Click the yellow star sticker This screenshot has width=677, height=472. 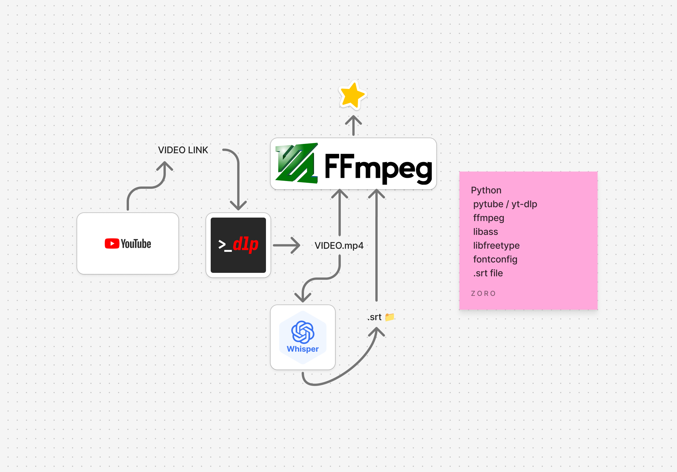click(352, 95)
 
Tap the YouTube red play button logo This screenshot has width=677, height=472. click(112, 244)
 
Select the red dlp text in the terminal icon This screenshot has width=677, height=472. click(245, 244)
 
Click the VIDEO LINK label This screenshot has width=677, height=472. click(183, 150)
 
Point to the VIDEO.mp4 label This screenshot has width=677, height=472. click(339, 245)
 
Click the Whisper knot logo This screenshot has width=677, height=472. click(303, 332)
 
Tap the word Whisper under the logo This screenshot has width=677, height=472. click(303, 349)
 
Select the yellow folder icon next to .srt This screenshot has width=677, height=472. click(389, 317)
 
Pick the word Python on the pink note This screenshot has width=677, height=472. click(486, 191)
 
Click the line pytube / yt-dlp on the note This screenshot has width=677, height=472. click(505, 204)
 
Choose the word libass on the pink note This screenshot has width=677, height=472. click(485, 232)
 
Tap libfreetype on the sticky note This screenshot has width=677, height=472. click(496, 245)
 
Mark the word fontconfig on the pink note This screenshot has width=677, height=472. click(495, 259)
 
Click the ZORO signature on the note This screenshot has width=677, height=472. click(483, 294)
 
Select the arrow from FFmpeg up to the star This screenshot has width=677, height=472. click(353, 125)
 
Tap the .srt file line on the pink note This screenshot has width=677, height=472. click(488, 273)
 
